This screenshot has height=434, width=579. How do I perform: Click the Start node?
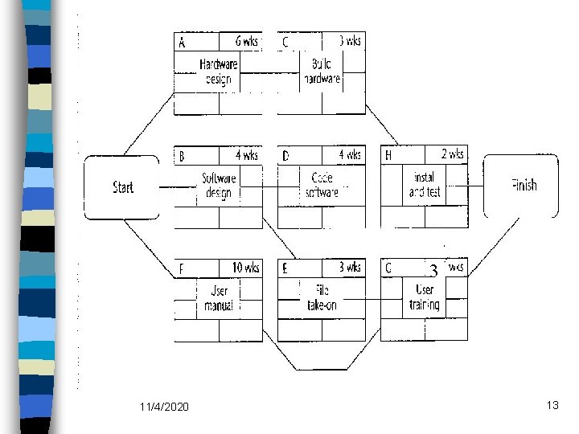[x=123, y=187]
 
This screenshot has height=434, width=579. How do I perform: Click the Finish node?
[x=524, y=186]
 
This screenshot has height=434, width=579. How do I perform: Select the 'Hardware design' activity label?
[x=218, y=72]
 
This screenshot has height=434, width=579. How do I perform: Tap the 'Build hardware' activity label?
[x=322, y=72]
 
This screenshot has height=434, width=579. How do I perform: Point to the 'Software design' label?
[x=219, y=185]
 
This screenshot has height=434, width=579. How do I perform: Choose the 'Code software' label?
[x=322, y=185]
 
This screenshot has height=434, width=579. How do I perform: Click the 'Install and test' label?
[x=425, y=185]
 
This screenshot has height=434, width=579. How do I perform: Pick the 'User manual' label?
[x=219, y=298]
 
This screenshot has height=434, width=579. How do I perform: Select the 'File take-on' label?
[x=322, y=298]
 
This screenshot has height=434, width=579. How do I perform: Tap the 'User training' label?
[x=425, y=297]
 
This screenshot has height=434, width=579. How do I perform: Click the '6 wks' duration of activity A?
[x=246, y=41]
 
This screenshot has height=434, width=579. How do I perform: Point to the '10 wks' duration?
[x=245, y=268]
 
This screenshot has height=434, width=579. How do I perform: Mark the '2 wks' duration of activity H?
[x=452, y=154]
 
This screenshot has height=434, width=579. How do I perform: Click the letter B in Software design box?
[x=181, y=155]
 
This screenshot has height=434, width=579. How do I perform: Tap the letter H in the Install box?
[x=388, y=155]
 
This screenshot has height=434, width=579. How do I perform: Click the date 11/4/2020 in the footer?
[x=164, y=407]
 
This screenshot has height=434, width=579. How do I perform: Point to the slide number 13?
[x=552, y=405]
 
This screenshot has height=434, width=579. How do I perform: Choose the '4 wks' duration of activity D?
[x=350, y=154]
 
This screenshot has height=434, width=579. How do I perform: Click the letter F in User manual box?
[x=181, y=268]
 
